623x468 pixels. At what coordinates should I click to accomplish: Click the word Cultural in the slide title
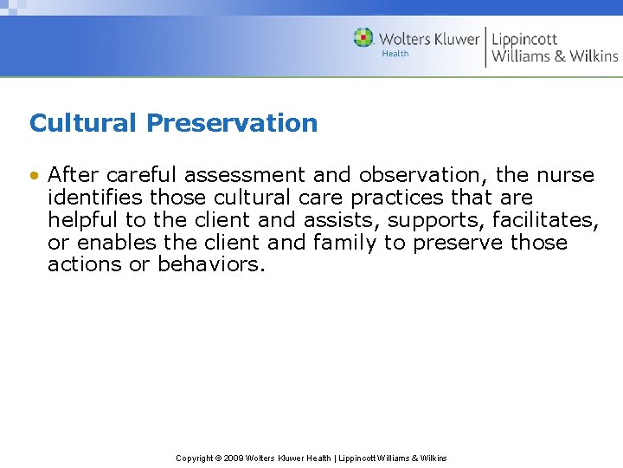click(x=84, y=123)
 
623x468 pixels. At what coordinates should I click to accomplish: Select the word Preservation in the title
click(x=232, y=123)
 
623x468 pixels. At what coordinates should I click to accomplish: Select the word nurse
click(x=567, y=175)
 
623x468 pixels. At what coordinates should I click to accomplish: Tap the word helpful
click(x=84, y=220)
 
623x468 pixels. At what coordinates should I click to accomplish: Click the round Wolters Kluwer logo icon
click(x=363, y=38)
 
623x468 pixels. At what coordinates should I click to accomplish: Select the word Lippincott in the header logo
click(x=524, y=39)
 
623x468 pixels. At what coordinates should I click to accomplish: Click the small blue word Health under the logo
click(x=395, y=54)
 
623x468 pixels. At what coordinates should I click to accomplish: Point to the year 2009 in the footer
click(x=233, y=458)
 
